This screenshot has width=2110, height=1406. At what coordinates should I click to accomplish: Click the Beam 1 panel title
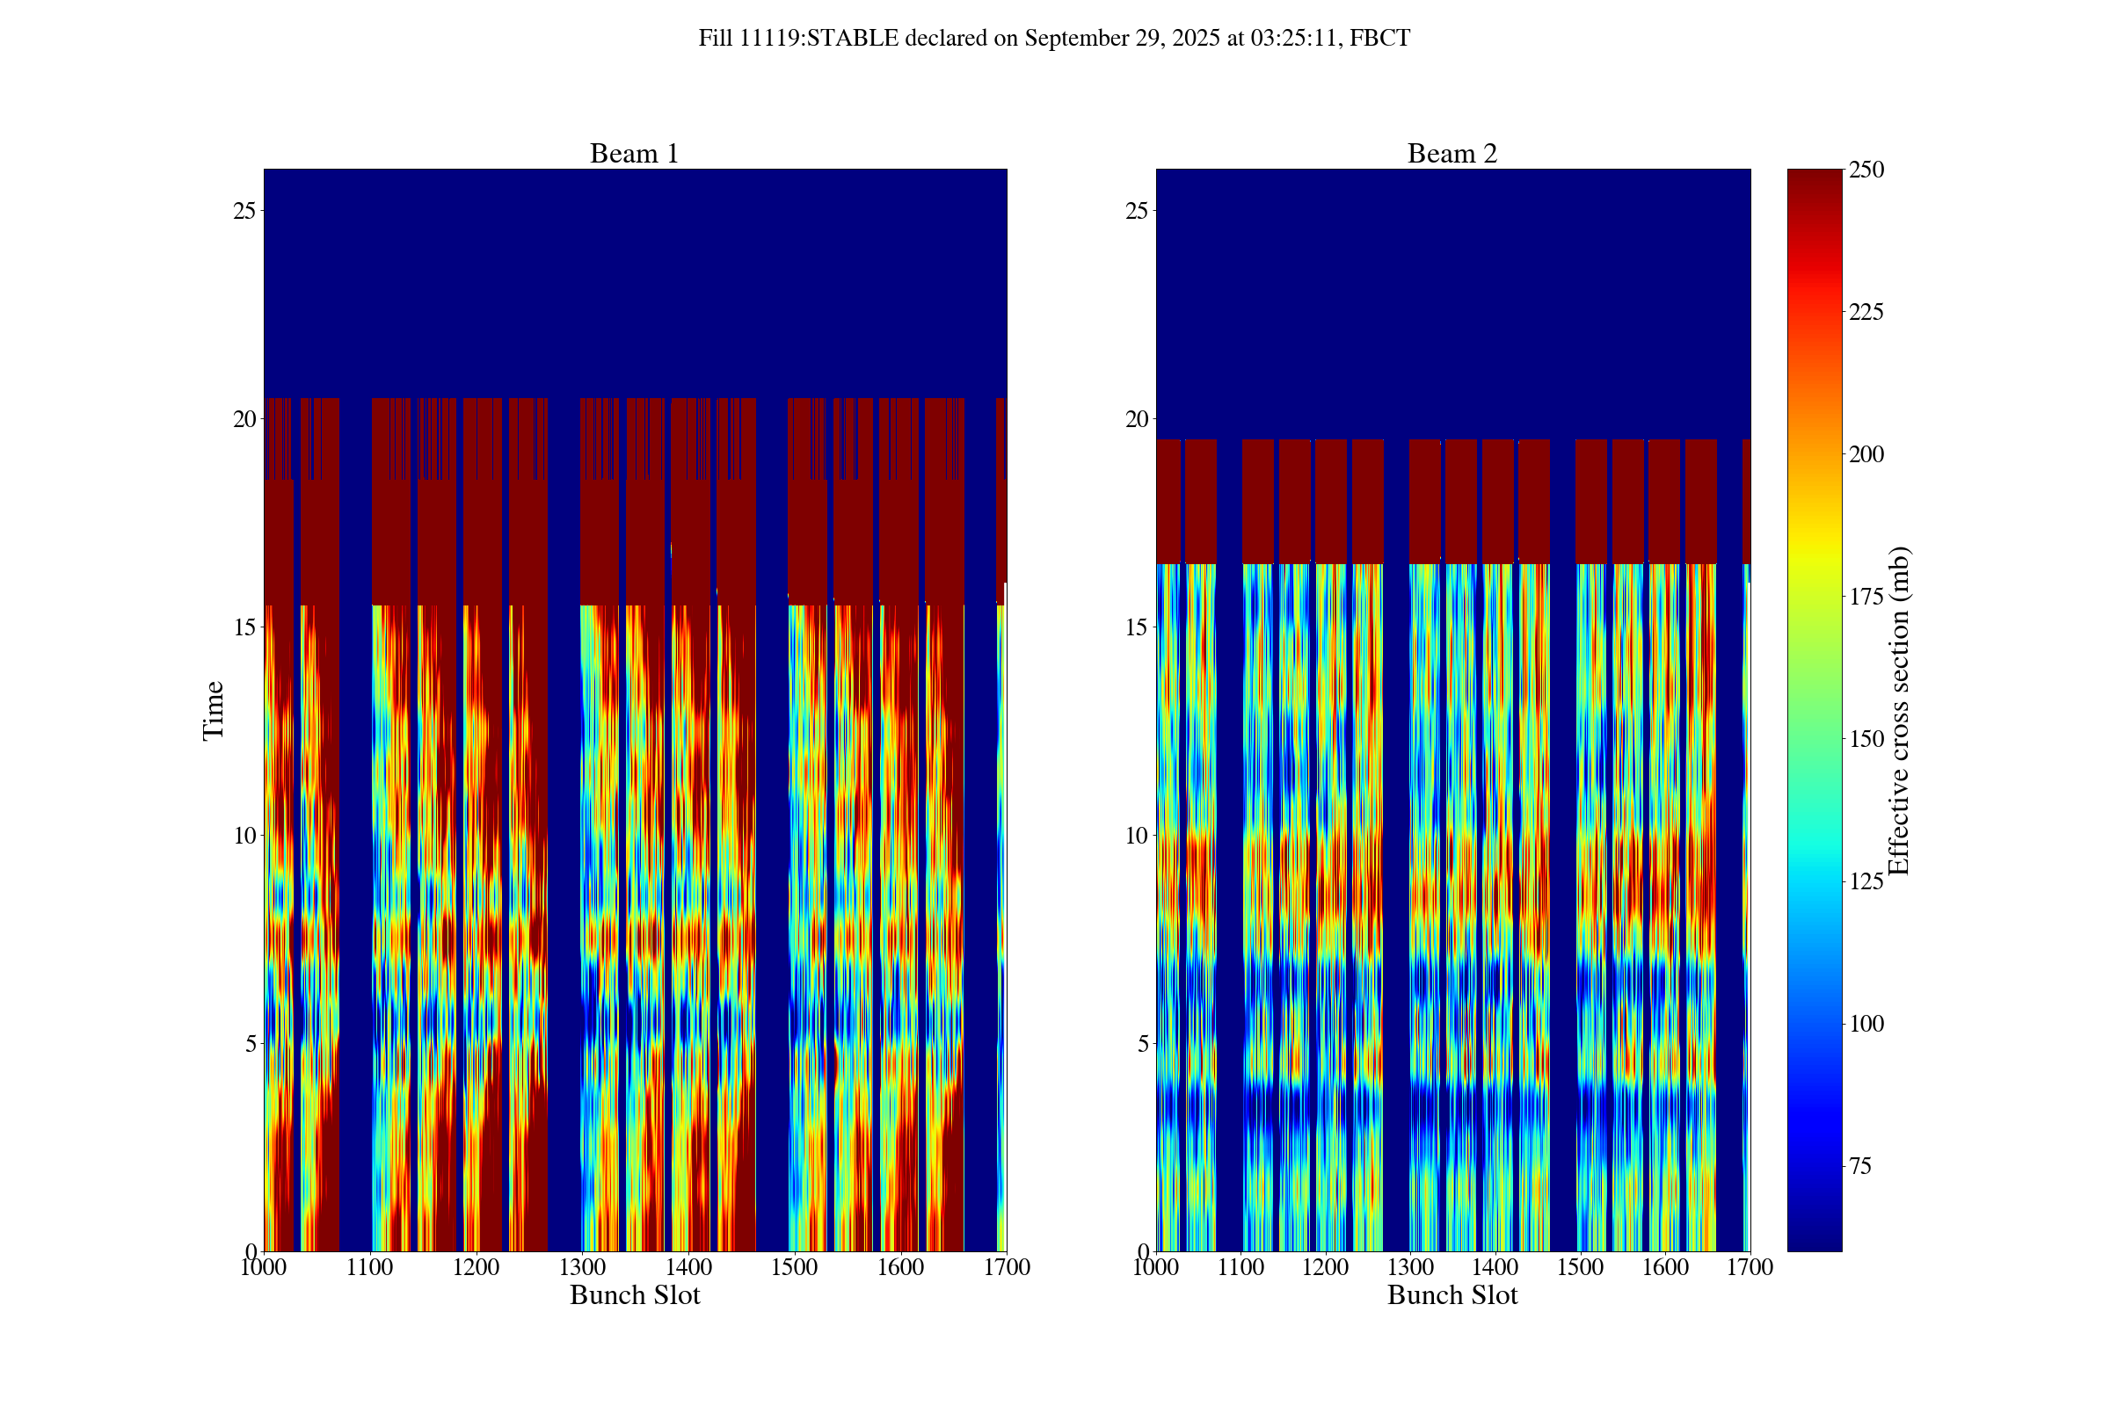click(x=634, y=153)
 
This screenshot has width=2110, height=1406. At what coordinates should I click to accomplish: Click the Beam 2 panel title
click(x=1452, y=153)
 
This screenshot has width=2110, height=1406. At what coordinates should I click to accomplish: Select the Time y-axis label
click(x=214, y=710)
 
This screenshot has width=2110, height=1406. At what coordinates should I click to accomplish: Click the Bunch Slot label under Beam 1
click(x=634, y=1294)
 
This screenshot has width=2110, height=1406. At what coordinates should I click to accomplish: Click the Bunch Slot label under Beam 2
click(x=1452, y=1294)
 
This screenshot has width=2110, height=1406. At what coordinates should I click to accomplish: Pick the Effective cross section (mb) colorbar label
click(x=1898, y=710)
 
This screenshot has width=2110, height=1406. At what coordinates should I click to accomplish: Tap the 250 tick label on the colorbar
click(x=1866, y=170)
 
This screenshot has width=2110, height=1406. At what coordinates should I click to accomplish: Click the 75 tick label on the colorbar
click(x=1860, y=1166)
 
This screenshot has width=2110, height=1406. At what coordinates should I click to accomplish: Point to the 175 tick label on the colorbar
click(x=1866, y=597)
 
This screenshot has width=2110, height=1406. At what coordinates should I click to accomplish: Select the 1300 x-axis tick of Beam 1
click(x=582, y=1267)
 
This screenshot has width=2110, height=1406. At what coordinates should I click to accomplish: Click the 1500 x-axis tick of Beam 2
click(x=1580, y=1267)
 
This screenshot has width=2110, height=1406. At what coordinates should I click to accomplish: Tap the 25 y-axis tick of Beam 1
click(x=244, y=211)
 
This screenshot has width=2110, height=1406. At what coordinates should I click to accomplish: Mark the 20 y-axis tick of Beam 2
click(x=1137, y=419)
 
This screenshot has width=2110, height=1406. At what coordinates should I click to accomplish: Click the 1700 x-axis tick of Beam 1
click(x=1007, y=1267)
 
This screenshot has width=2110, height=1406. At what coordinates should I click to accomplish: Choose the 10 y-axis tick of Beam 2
click(x=1137, y=835)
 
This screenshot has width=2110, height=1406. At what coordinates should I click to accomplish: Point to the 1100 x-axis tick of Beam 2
click(x=1241, y=1267)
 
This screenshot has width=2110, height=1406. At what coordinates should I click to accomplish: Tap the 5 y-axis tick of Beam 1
click(x=250, y=1043)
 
